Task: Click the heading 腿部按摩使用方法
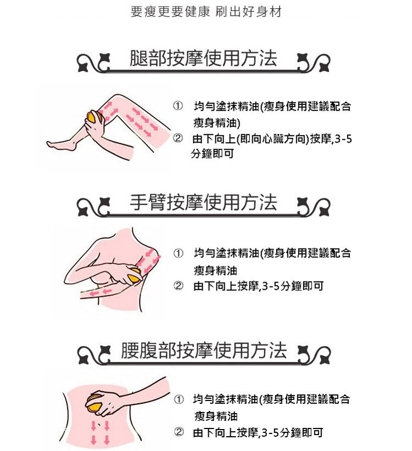tap(203, 58)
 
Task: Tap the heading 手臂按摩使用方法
tap(203, 202)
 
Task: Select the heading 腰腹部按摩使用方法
tap(204, 351)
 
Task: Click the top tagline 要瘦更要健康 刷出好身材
tap(206, 12)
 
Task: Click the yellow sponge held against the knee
tap(93, 117)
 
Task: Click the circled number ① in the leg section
tap(177, 106)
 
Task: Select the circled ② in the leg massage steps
tap(177, 139)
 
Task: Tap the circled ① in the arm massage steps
tap(178, 253)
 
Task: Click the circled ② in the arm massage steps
tap(178, 286)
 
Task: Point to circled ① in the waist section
tap(179, 399)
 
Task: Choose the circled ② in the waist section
tap(179, 432)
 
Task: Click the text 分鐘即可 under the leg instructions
tap(213, 154)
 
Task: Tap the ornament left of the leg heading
tap(94, 63)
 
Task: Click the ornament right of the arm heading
tap(314, 207)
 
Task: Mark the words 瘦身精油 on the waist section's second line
tap(216, 416)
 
